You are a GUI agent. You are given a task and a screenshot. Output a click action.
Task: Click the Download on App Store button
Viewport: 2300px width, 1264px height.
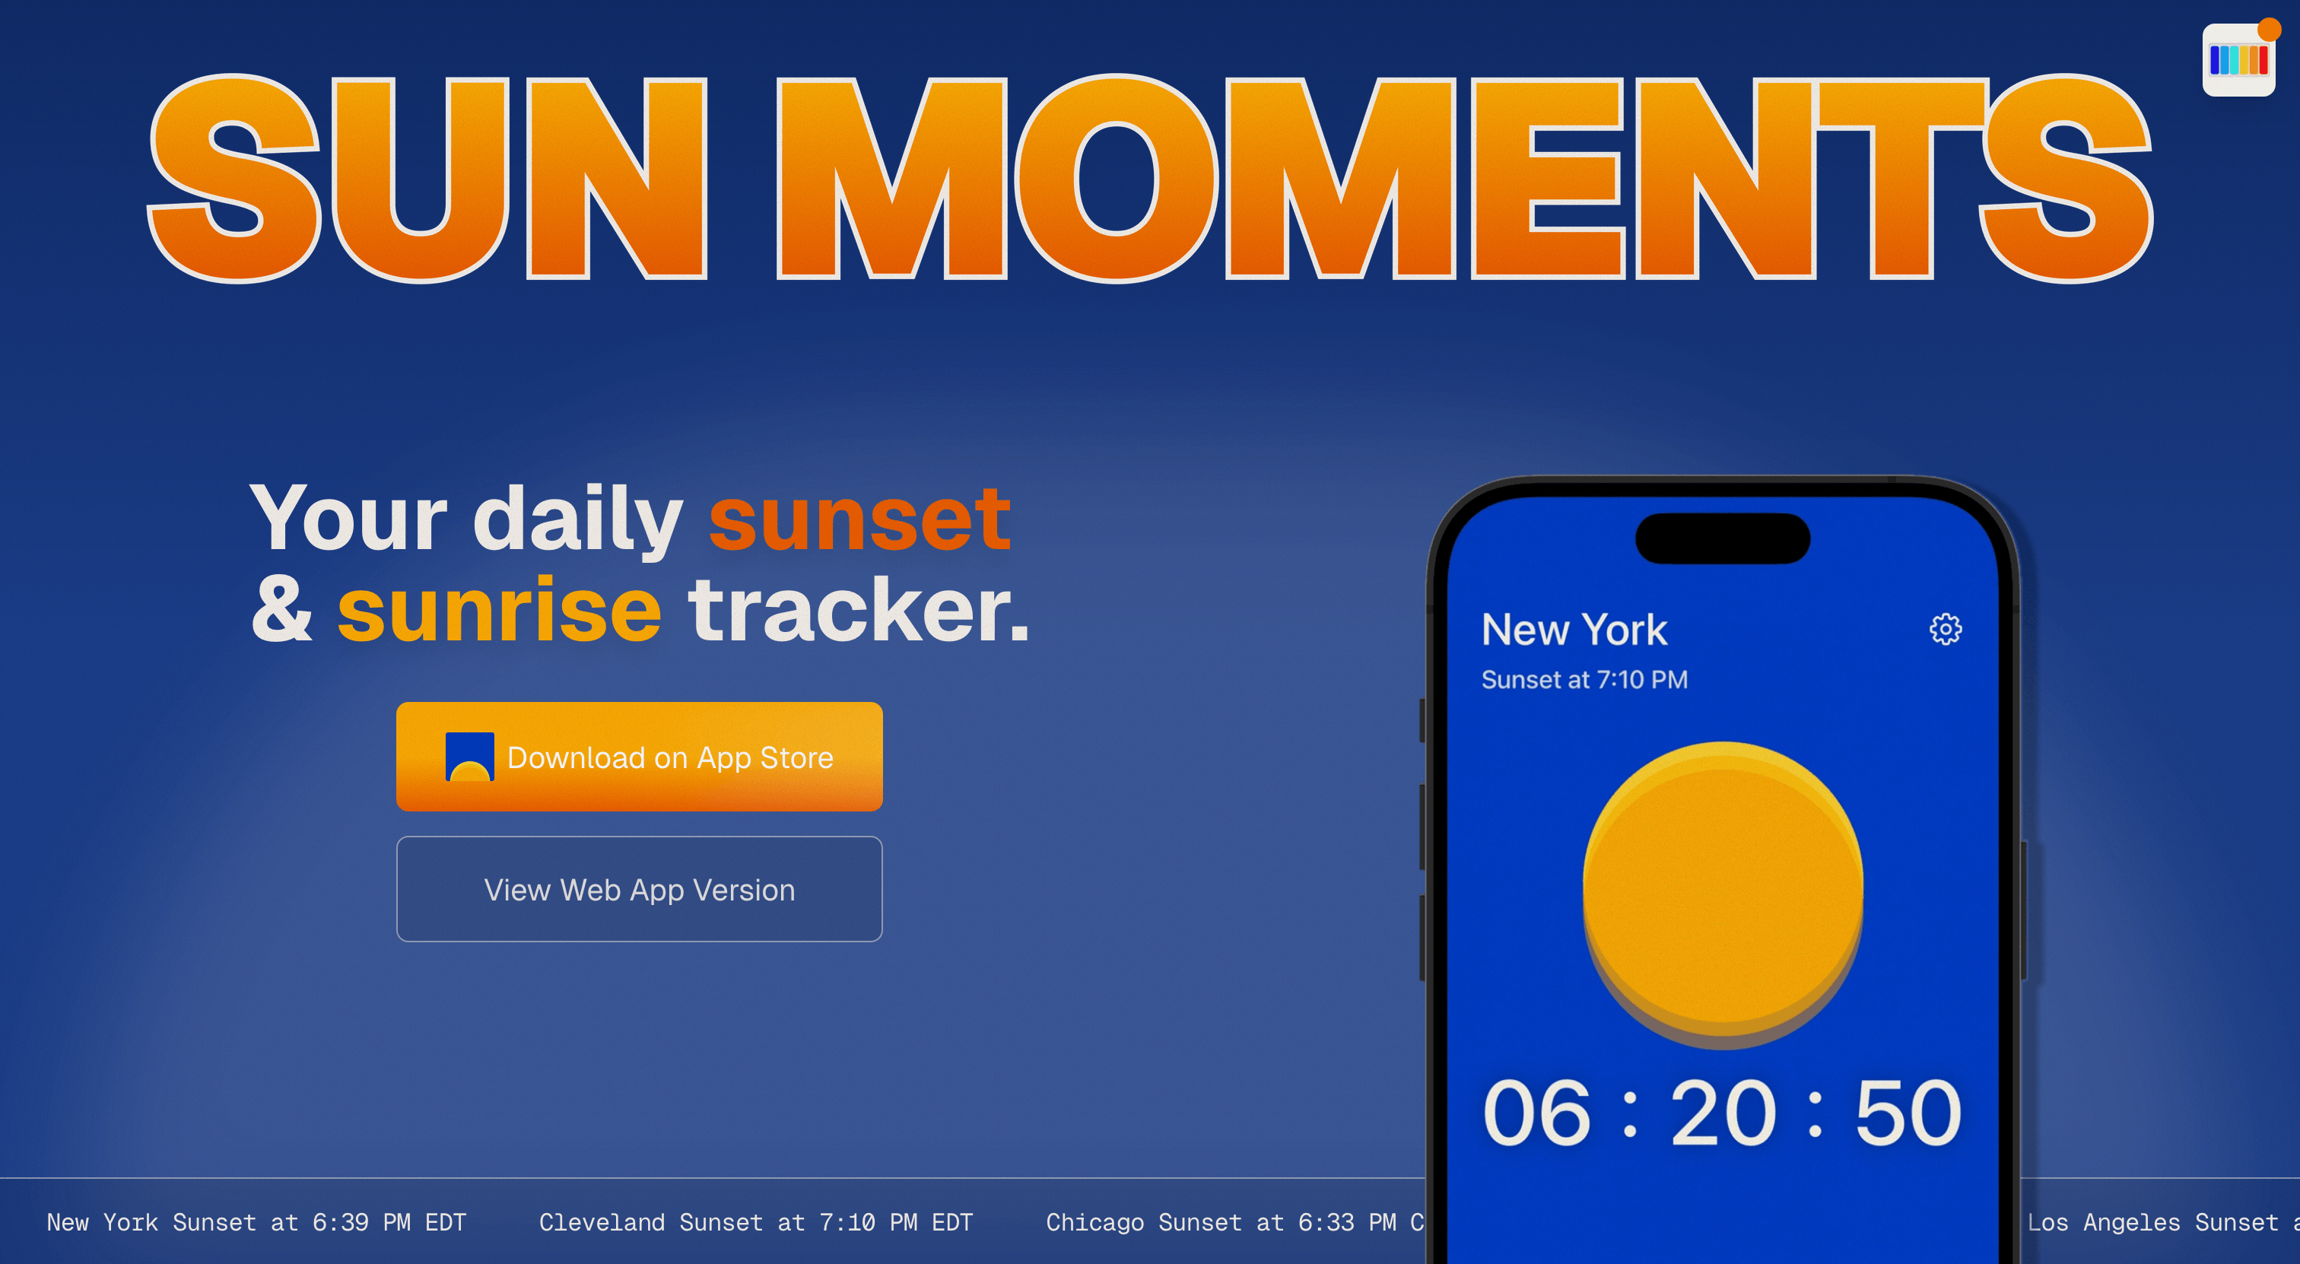[x=640, y=757]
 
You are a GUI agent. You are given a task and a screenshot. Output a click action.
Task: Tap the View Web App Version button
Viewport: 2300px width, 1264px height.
[x=640, y=889]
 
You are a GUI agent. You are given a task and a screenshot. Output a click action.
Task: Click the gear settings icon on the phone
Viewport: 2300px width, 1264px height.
[x=1946, y=629]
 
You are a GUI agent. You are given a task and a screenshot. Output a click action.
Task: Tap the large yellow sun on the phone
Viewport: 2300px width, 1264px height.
[x=1722, y=893]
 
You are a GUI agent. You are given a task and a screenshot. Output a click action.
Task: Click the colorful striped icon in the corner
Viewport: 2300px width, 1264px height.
[x=2238, y=60]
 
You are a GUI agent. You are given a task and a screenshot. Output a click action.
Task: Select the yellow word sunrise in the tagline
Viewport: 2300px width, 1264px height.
[x=499, y=611]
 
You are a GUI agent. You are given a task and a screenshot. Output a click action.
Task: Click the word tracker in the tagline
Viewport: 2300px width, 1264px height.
[x=858, y=611]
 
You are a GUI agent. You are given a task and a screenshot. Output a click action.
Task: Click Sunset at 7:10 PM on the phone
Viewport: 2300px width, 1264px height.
[x=1584, y=680]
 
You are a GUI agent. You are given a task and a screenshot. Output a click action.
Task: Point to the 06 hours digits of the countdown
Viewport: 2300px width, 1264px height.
[x=1536, y=1113]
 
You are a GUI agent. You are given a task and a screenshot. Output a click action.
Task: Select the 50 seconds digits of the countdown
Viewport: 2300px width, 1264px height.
[x=1908, y=1113]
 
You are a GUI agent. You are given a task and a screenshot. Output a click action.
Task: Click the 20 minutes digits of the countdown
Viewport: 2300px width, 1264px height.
[x=1722, y=1113]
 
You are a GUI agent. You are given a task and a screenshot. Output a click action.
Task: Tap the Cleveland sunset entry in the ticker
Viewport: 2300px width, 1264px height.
[x=755, y=1222]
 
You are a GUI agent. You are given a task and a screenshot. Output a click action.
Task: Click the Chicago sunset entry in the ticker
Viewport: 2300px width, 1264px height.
[x=1232, y=1222]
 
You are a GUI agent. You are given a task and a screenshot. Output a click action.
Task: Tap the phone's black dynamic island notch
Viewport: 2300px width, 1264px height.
[x=1722, y=538]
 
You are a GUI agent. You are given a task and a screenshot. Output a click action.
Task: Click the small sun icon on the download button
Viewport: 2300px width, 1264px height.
[x=469, y=757]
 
